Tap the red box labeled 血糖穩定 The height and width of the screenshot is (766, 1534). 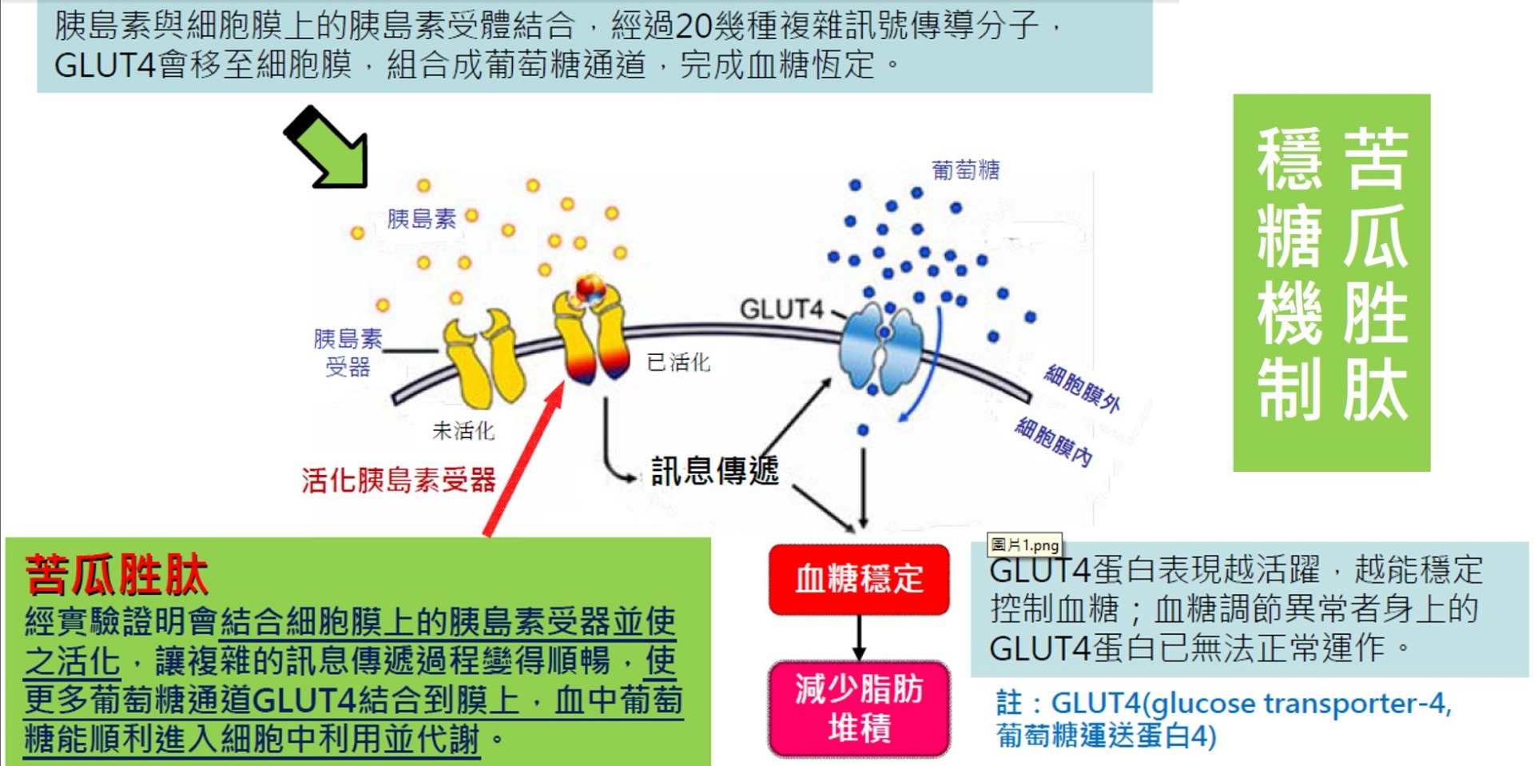pyautogui.click(x=859, y=579)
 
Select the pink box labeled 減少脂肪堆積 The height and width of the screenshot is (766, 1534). pyautogui.click(x=859, y=708)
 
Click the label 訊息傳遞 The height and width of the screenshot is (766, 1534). pyautogui.click(x=714, y=470)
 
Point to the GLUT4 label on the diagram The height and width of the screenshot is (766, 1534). pyautogui.click(x=781, y=309)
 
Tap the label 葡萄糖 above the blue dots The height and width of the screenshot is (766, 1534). pyautogui.click(x=965, y=170)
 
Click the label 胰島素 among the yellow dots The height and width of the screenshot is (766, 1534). pyautogui.click(x=421, y=218)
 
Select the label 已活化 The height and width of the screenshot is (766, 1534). pyautogui.click(x=678, y=362)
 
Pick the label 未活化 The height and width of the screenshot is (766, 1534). pyautogui.click(x=463, y=431)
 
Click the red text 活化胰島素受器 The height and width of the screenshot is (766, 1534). pyautogui.click(x=399, y=481)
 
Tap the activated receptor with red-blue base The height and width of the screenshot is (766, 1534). pyautogui.click(x=592, y=336)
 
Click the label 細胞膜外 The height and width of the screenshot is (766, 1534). pyautogui.click(x=1083, y=388)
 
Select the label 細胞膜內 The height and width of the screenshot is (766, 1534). pyautogui.click(x=1054, y=441)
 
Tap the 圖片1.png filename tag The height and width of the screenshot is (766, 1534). pyautogui.click(x=1024, y=545)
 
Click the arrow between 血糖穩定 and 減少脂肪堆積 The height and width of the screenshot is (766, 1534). pyautogui.click(x=859, y=637)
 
